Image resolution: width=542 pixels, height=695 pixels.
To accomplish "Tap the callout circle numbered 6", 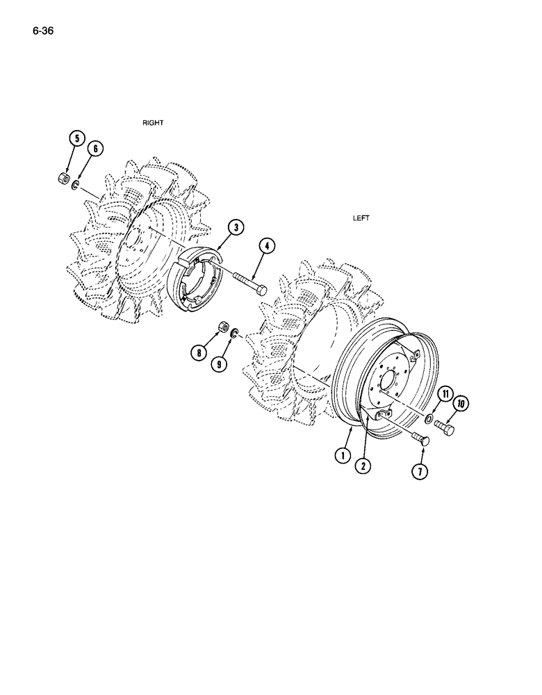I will click(95, 149).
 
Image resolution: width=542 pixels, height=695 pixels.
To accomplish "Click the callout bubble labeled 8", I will click(199, 353).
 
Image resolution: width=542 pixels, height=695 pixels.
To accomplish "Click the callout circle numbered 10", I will click(459, 404).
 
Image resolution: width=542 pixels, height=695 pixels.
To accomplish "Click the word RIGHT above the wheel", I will click(153, 122).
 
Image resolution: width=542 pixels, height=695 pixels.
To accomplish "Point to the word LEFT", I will click(361, 218).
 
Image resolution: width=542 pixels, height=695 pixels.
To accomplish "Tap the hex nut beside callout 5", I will click(61, 179).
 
